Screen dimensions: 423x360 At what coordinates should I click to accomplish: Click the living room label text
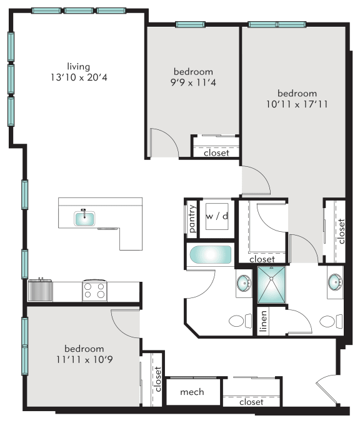coord(79,66)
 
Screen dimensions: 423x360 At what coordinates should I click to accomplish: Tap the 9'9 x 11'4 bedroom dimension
coord(193,82)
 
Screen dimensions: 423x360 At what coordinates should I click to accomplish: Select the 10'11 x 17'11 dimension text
coord(297,104)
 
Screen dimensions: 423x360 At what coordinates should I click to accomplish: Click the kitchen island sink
coord(84,218)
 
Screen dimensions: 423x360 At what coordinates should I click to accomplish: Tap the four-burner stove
coord(94,291)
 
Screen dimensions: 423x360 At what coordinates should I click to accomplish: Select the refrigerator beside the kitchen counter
coord(40,291)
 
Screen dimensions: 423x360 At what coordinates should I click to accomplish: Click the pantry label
coord(192,219)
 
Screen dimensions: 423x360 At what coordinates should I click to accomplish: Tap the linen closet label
coord(263,322)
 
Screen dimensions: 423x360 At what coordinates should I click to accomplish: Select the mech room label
coord(192,392)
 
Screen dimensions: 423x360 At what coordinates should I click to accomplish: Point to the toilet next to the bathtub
coord(236,321)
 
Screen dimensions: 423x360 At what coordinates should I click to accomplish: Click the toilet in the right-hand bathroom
coord(327,322)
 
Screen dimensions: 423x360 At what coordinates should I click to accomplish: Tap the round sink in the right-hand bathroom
coord(335,282)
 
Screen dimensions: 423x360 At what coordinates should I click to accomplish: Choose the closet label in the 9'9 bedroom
coord(216,152)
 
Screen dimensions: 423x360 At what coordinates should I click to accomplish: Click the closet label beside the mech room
coord(251,402)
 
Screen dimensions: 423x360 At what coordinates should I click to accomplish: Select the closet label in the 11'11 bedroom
coord(157,379)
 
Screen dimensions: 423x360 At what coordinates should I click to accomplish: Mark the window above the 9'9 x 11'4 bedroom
coord(190,24)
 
